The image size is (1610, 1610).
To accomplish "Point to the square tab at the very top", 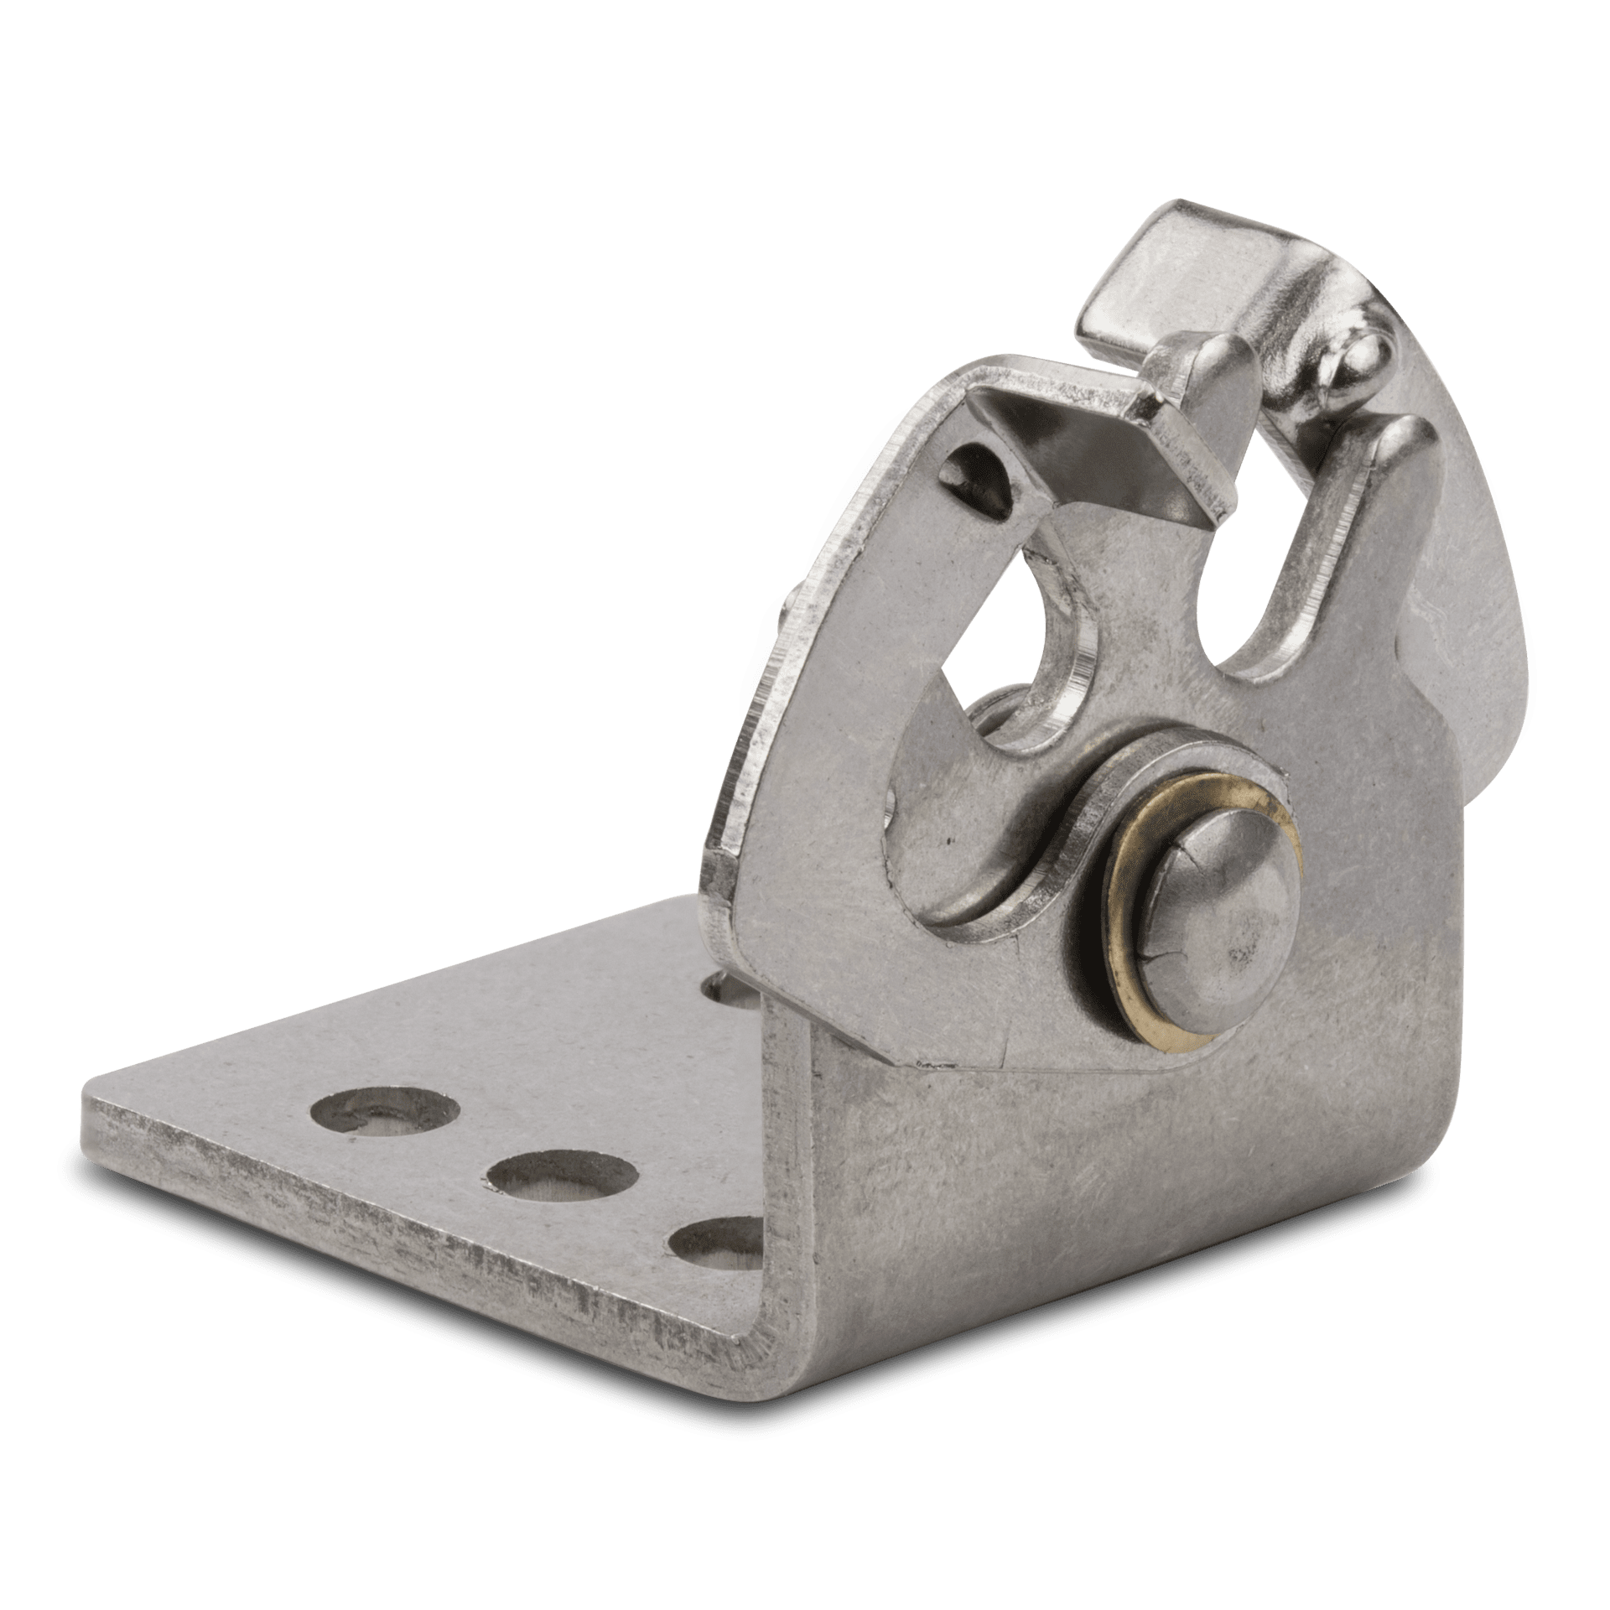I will click(x=1140, y=268).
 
